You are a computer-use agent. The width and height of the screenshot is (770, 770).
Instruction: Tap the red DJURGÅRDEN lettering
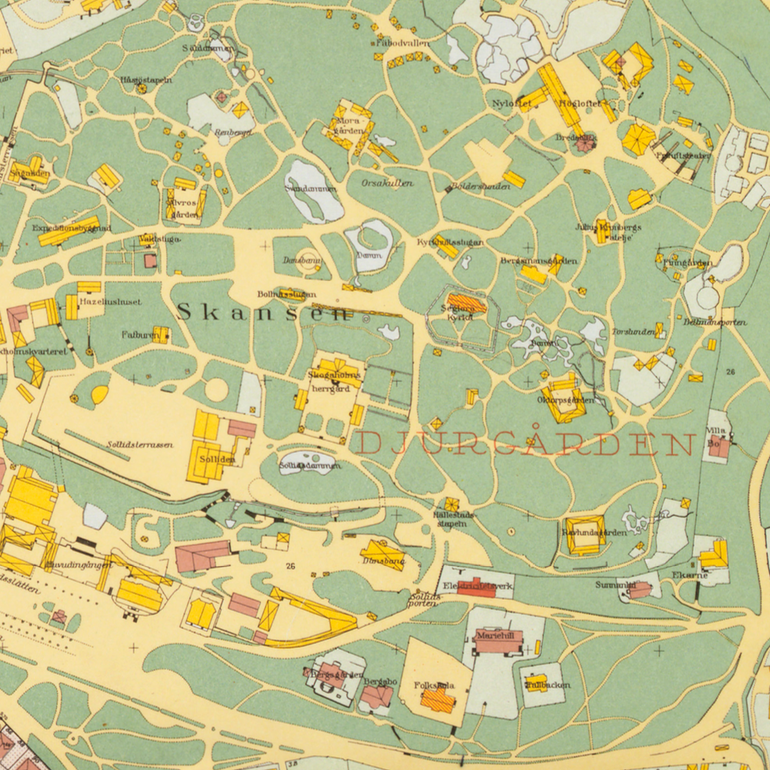[525, 444]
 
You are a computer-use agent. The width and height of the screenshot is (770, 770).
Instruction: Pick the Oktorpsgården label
[565, 400]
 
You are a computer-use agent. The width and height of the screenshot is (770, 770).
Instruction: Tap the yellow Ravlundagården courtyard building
[585, 535]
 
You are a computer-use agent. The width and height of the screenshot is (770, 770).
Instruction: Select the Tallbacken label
[547, 685]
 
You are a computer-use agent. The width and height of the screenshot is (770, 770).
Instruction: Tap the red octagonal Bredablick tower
[585, 142]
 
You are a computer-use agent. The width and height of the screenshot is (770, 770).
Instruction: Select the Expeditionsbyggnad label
[72, 228]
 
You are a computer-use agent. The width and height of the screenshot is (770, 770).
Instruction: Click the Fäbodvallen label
[402, 44]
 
